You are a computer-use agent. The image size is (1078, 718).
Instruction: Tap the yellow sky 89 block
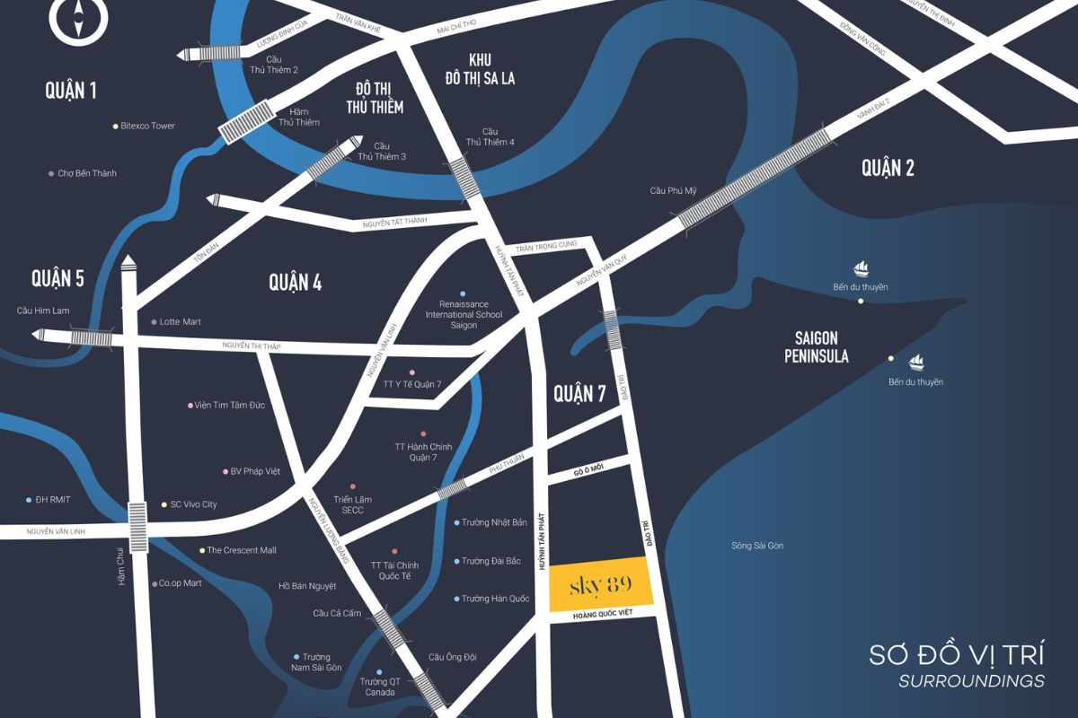pos(600,584)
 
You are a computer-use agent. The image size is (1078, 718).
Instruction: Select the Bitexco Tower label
pos(147,126)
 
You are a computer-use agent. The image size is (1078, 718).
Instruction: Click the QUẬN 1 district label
pos(70,90)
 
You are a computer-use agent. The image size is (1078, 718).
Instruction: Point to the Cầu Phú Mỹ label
pos(674,190)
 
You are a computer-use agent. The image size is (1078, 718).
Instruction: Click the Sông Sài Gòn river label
pos(757,546)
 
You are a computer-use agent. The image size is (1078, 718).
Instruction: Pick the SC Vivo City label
pos(192,504)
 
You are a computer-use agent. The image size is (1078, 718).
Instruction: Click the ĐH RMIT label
pos(53,500)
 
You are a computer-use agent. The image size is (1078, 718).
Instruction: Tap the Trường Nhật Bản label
pos(495,522)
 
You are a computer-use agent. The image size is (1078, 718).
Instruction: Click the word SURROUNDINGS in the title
pos(971,680)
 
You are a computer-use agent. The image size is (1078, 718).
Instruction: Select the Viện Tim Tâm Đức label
pos(230,405)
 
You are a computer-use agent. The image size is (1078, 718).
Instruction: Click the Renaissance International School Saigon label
pos(464,314)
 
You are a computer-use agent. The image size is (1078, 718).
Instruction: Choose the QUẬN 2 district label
pos(888,167)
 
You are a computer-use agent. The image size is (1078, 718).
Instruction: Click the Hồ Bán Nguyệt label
pos(307,586)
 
